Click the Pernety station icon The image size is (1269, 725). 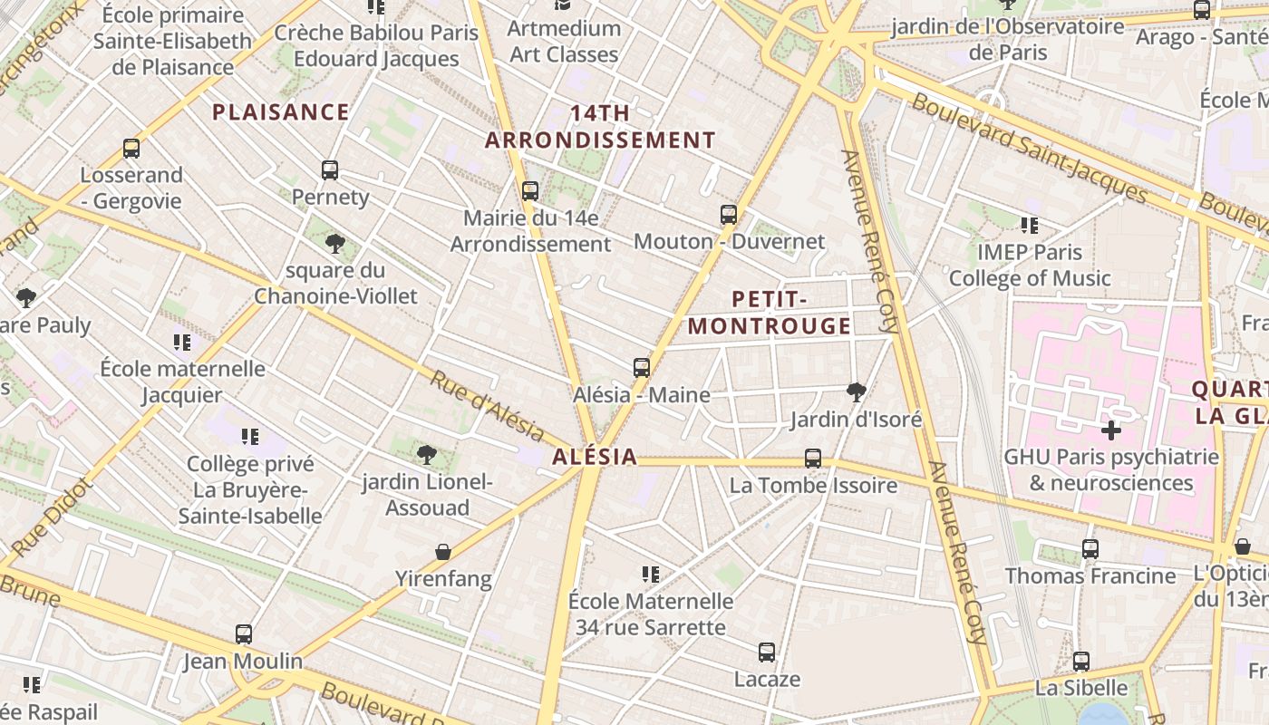(x=330, y=170)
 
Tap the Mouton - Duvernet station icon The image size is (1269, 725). (x=729, y=215)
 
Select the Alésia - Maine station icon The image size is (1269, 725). (x=642, y=368)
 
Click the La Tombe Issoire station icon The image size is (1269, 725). (x=813, y=459)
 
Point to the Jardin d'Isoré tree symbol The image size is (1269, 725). (x=856, y=392)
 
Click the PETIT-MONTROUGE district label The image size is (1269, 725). (x=770, y=313)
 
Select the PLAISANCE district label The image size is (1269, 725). (x=280, y=112)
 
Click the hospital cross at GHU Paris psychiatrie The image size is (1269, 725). (x=1111, y=430)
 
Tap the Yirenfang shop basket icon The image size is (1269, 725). (x=443, y=552)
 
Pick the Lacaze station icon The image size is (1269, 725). (x=767, y=652)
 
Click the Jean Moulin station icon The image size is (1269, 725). (x=243, y=634)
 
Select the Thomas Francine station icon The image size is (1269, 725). (x=1090, y=549)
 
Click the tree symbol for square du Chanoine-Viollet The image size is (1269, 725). (x=335, y=244)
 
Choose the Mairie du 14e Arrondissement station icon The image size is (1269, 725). (x=530, y=191)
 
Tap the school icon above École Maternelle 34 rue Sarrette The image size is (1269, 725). (x=650, y=575)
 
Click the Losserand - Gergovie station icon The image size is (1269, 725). (x=131, y=149)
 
